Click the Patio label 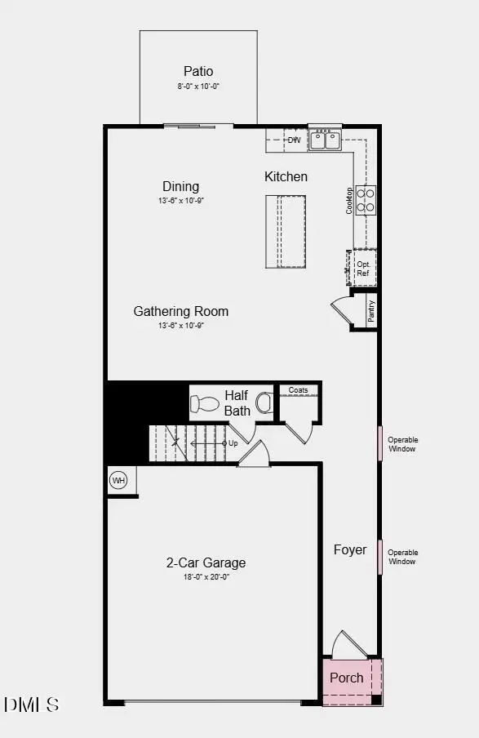pyautogui.click(x=198, y=71)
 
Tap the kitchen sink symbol pyautogui.click(x=326, y=140)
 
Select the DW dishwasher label pyautogui.click(x=294, y=140)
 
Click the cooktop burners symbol pyautogui.click(x=366, y=200)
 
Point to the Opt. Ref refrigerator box pyautogui.click(x=364, y=269)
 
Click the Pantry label pyautogui.click(x=371, y=310)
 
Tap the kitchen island pyautogui.click(x=285, y=231)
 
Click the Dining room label pyautogui.click(x=180, y=186)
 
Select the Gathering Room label pyautogui.click(x=181, y=311)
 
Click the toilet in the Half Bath pyautogui.click(x=204, y=402)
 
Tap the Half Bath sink pyautogui.click(x=264, y=402)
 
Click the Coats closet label pyautogui.click(x=299, y=390)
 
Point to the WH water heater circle pyautogui.click(x=118, y=480)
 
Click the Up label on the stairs pyautogui.click(x=233, y=443)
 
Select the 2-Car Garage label pyautogui.click(x=206, y=562)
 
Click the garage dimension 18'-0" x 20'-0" pyautogui.click(x=206, y=576)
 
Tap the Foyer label pyautogui.click(x=350, y=549)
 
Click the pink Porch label pyautogui.click(x=347, y=678)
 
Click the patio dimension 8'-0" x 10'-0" pyautogui.click(x=198, y=86)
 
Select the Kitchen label pyautogui.click(x=286, y=176)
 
